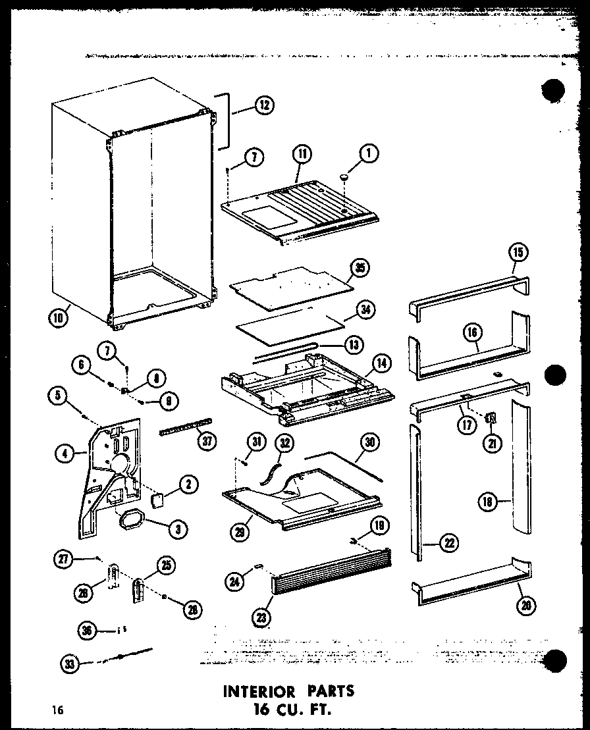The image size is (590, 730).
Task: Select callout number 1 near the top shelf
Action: pos(369,155)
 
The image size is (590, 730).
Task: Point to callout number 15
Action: pos(518,253)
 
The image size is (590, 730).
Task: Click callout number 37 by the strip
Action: pos(207,441)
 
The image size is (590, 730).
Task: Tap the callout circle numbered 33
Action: pos(68,664)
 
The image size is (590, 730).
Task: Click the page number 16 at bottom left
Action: pos(59,710)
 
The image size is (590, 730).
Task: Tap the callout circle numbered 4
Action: pos(65,452)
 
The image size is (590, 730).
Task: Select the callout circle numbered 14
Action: pos(380,361)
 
